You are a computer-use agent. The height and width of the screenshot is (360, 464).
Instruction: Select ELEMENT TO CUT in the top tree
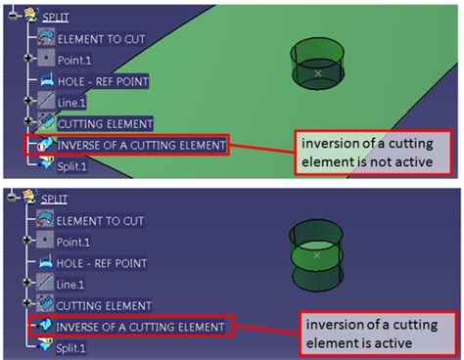pyautogui.click(x=104, y=38)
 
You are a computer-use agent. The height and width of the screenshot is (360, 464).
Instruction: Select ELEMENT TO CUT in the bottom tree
pyautogui.click(x=104, y=218)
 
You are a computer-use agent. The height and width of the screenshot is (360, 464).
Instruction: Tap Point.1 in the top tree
pyautogui.click(x=75, y=59)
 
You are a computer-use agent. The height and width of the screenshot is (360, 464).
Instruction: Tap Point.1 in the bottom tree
pyautogui.click(x=75, y=240)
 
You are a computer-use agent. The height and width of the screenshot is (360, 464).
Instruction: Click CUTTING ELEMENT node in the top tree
pyautogui.click(x=105, y=123)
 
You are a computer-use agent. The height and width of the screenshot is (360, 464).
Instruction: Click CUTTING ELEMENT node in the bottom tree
pyautogui.click(x=105, y=305)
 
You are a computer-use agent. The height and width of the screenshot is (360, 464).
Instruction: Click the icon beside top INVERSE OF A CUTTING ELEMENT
pyautogui.click(x=44, y=146)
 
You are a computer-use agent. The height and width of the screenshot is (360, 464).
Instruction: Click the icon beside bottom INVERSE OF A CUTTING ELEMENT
pyautogui.click(x=44, y=326)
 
